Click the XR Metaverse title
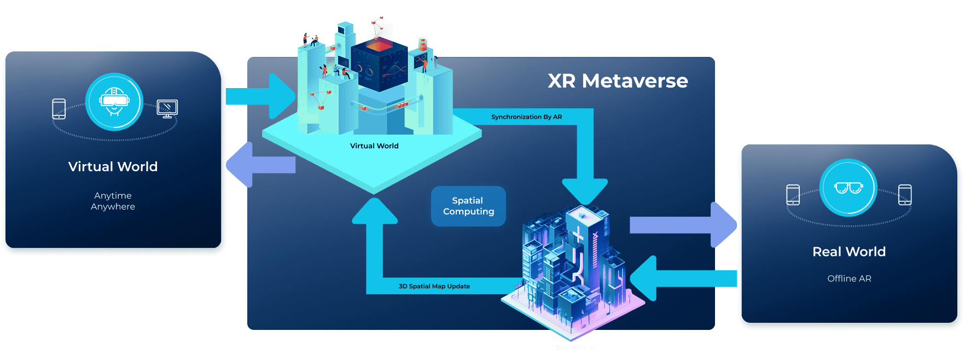click(x=618, y=81)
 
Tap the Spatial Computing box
click(x=468, y=206)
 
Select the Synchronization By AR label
click(x=526, y=117)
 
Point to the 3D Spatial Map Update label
click(x=434, y=286)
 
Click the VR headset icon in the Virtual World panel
click(x=114, y=102)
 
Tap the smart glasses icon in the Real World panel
click(x=848, y=188)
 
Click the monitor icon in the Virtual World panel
click(x=167, y=108)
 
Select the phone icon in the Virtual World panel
click(x=59, y=109)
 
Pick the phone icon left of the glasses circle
click(x=793, y=195)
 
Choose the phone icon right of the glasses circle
click(x=905, y=195)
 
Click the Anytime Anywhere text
click(x=113, y=201)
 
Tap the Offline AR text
click(x=849, y=278)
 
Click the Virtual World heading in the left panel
click(x=113, y=166)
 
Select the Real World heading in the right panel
click(x=849, y=252)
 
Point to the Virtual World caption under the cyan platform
click(x=374, y=146)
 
